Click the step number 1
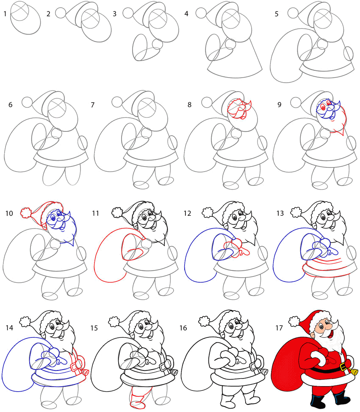pos(5,14)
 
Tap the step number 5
pos(277,14)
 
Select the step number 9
pos(280,105)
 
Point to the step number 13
pos(280,213)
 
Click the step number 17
pos(279,328)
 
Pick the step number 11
pos(95,213)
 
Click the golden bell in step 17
pos(354,372)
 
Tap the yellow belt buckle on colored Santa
pos(343,366)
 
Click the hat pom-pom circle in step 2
pos(61,13)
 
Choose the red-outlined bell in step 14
pos(85,373)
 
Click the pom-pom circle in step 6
pos(27,102)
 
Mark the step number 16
pos(183,328)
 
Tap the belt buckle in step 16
pos(253,366)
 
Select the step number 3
pos(114,14)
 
